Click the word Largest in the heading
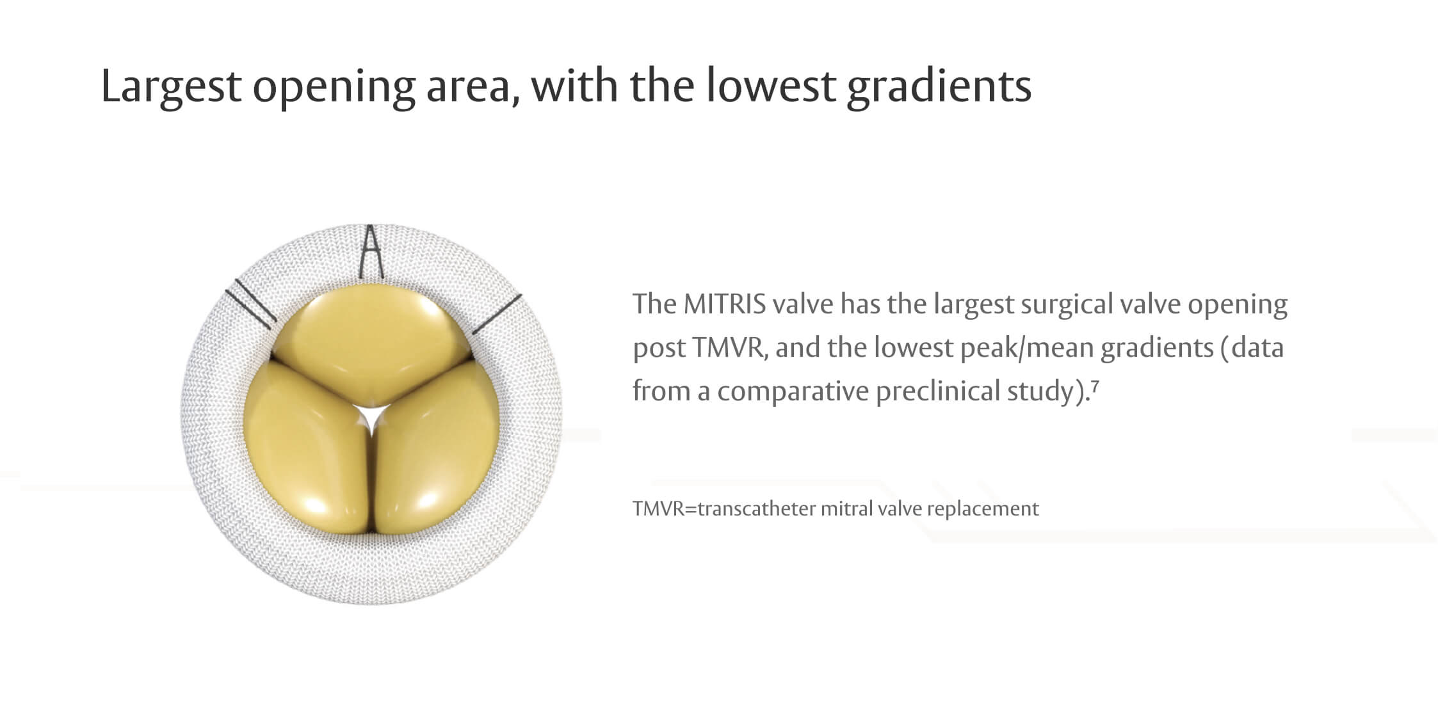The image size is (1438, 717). pyautogui.click(x=170, y=86)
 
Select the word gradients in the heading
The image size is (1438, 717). pyautogui.click(x=939, y=86)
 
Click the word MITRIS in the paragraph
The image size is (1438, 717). pyautogui.click(x=724, y=304)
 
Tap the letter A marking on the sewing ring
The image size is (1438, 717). pyautogui.click(x=371, y=253)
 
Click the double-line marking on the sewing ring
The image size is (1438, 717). pyautogui.click(x=250, y=308)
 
